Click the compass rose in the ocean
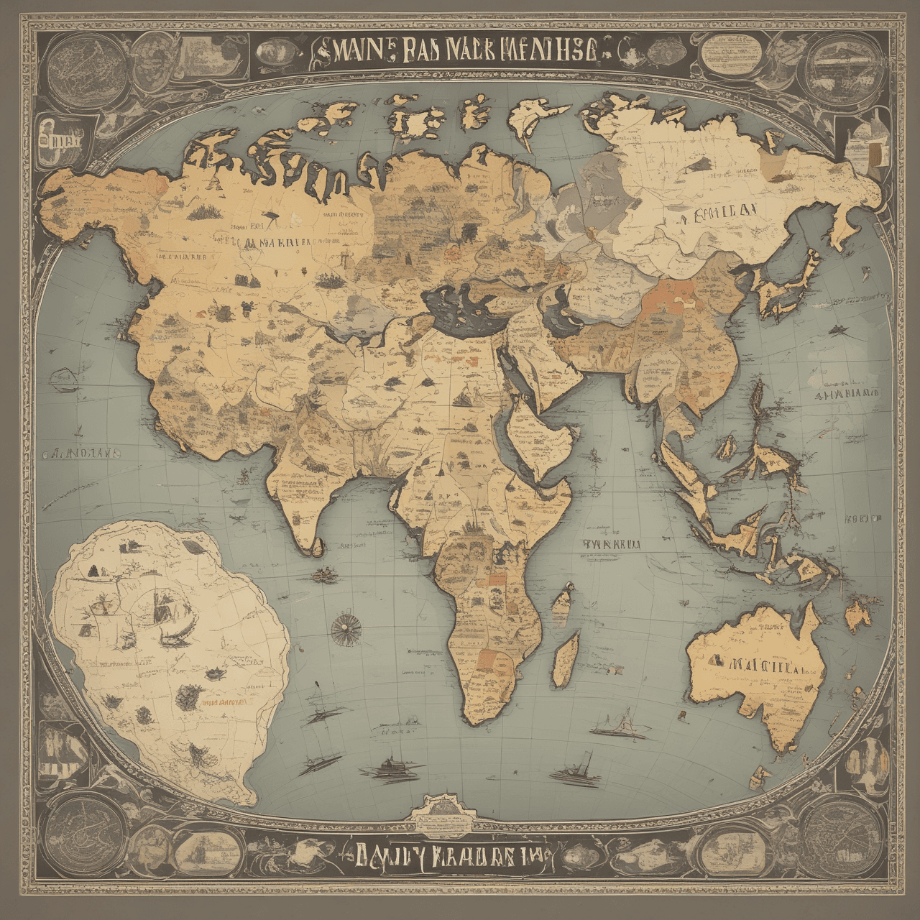pyautogui.click(x=345, y=630)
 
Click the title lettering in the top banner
pyautogui.click(x=460, y=53)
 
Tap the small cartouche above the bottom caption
pyautogui.click(x=443, y=811)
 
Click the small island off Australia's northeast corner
pyautogui.click(x=858, y=615)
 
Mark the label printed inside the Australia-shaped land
pyautogui.click(x=758, y=666)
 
